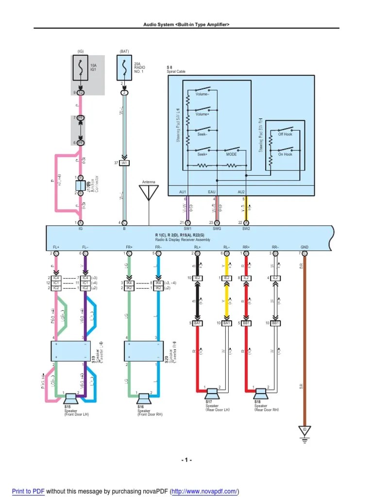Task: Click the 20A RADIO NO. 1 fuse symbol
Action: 124,68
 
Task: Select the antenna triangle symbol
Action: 149,193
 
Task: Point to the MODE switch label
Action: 231,154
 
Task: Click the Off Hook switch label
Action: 285,134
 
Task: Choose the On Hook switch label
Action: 285,154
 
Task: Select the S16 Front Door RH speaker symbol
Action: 144,398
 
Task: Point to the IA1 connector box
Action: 124,163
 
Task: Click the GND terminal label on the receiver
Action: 305,247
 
